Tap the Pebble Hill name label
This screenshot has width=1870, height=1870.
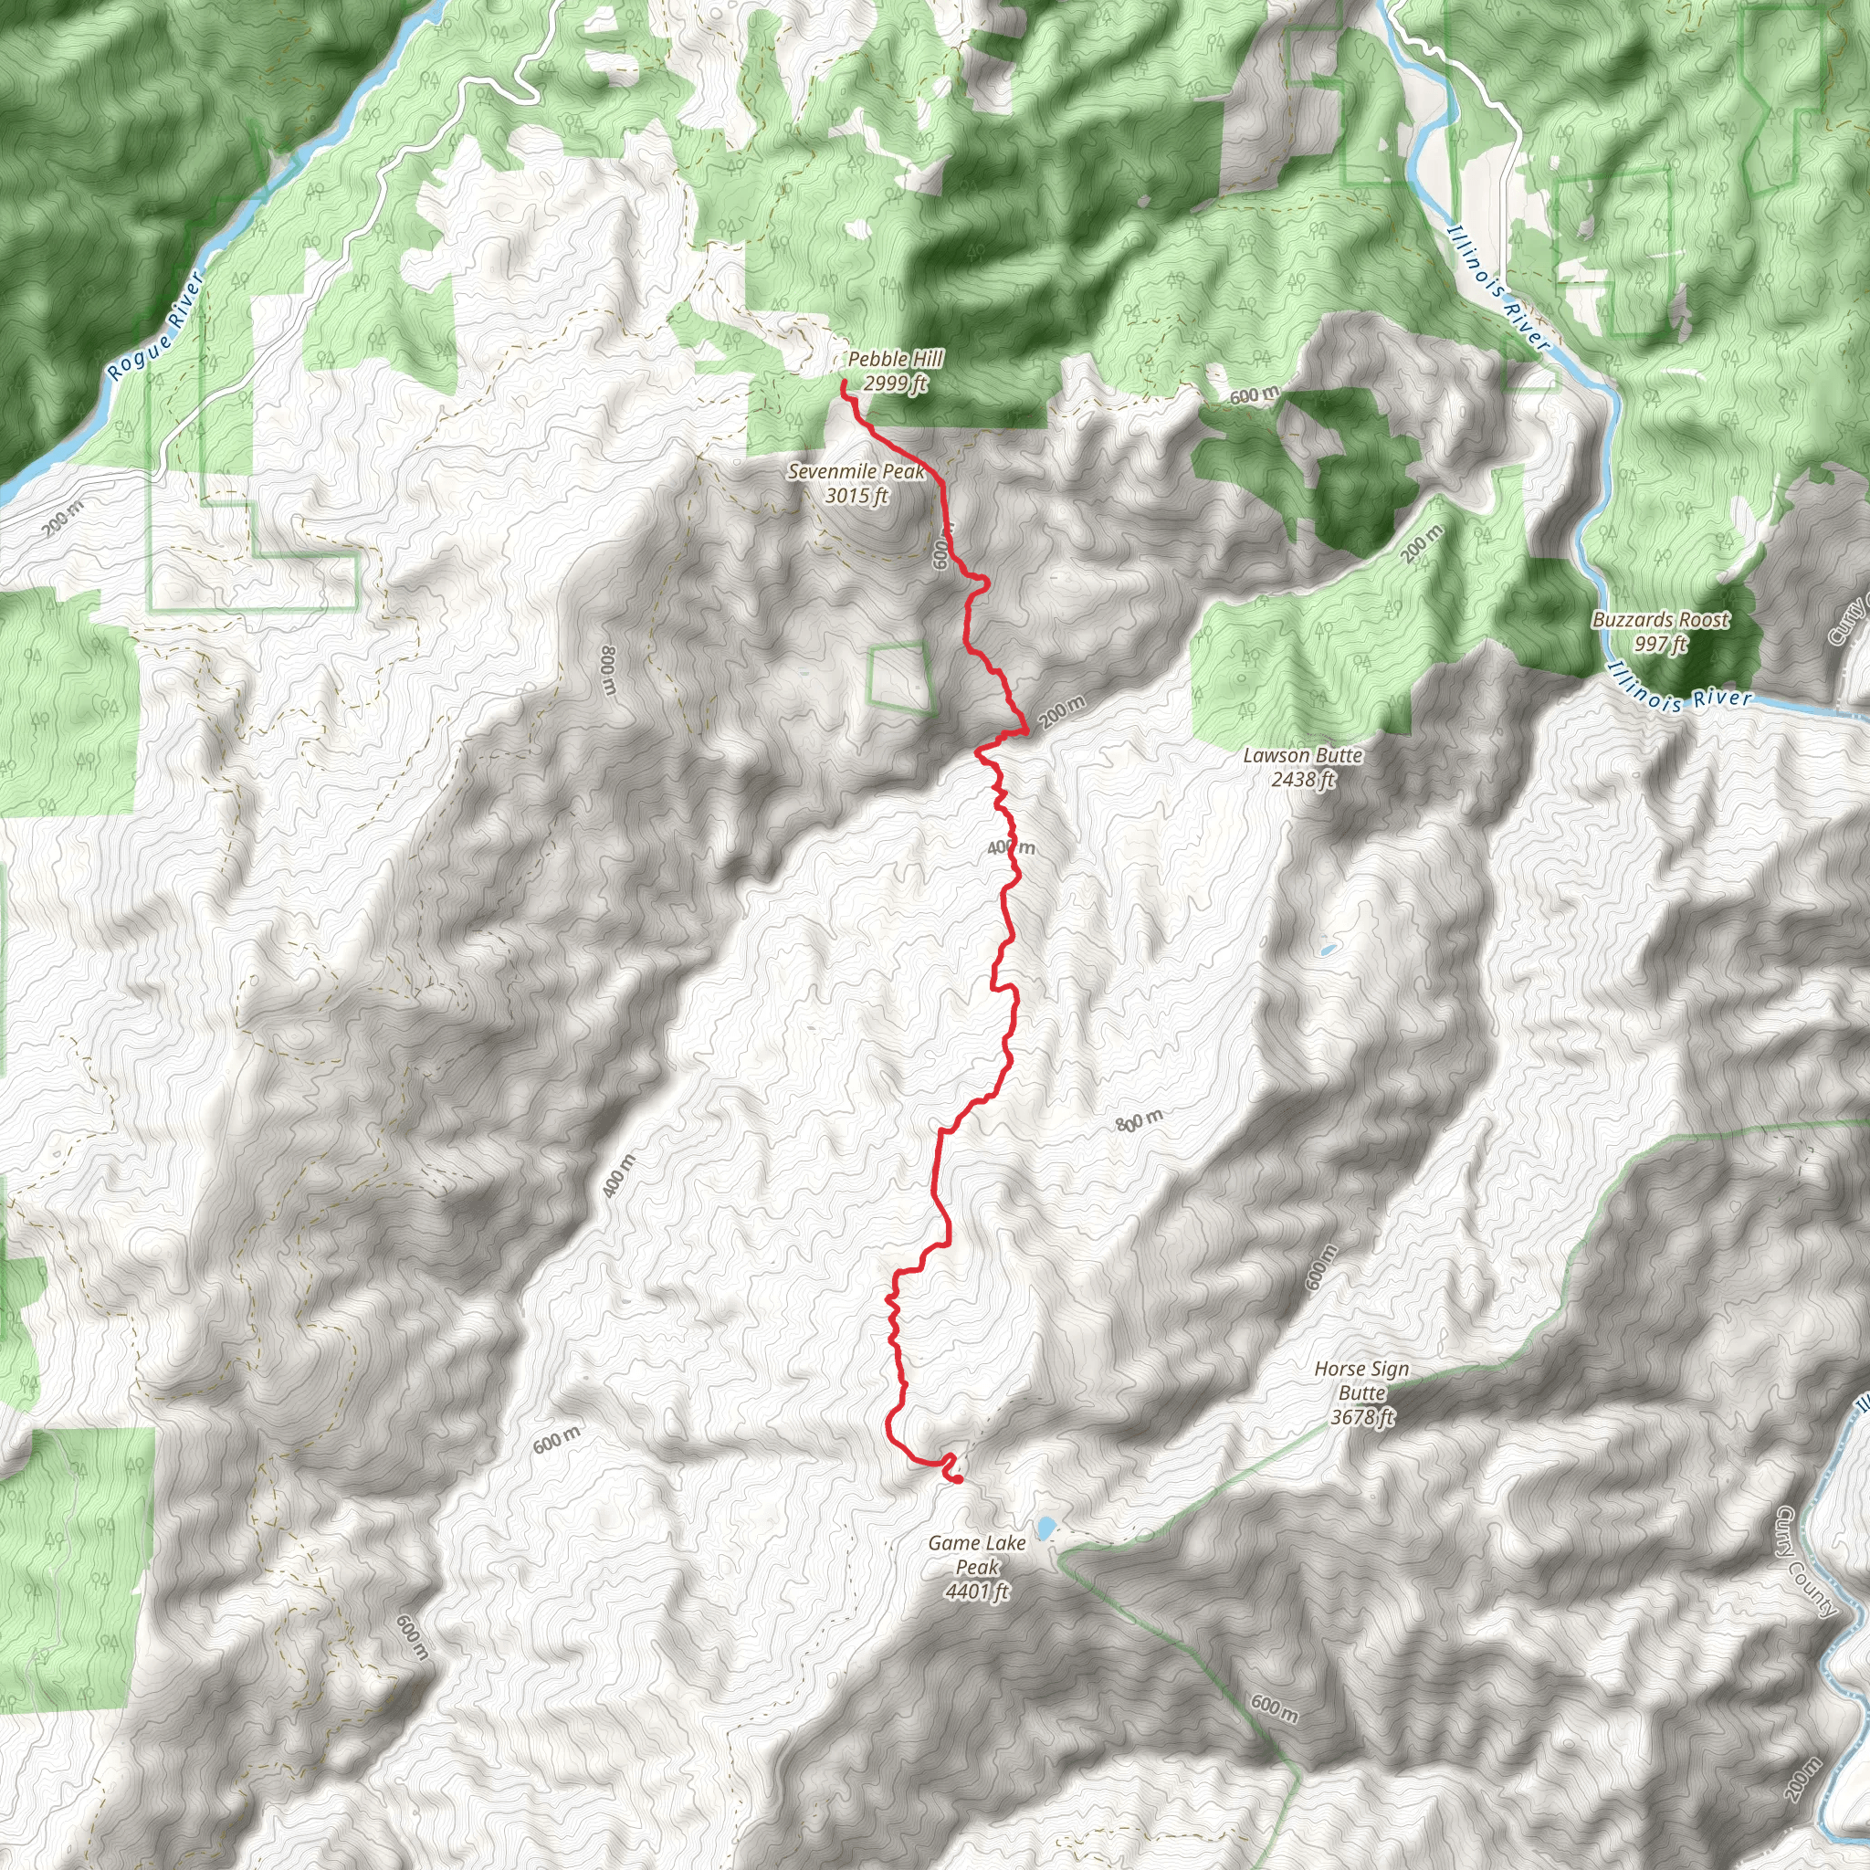[896, 359]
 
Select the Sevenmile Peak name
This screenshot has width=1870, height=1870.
[856, 472]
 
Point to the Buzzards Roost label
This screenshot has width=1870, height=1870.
[1661, 619]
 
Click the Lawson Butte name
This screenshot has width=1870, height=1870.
[1303, 755]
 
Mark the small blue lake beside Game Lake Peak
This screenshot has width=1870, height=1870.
[1046, 1529]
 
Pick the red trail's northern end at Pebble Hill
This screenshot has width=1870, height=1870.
[843, 384]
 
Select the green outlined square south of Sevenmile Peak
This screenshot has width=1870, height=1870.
[900, 678]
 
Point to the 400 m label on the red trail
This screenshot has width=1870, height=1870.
[1011, 848]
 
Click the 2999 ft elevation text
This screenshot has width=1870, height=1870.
[896, 384]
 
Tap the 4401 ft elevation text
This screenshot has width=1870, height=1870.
[978, 1592]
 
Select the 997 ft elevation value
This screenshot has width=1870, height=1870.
[1661, 644]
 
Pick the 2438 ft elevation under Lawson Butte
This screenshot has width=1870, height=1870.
[1303, 779]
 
